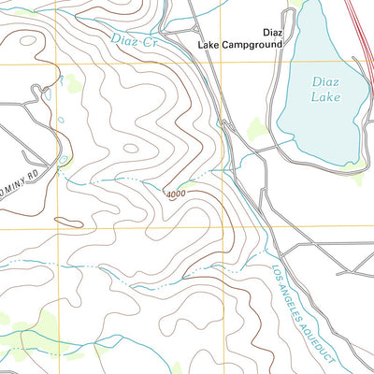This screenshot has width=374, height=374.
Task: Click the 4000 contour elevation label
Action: [x=175, y=194]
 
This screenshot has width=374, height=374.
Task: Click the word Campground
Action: [x=252, y=44]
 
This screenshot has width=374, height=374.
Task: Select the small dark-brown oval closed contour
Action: [x=67, y=222]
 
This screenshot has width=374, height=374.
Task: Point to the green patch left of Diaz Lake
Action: [x=255, y=128]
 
